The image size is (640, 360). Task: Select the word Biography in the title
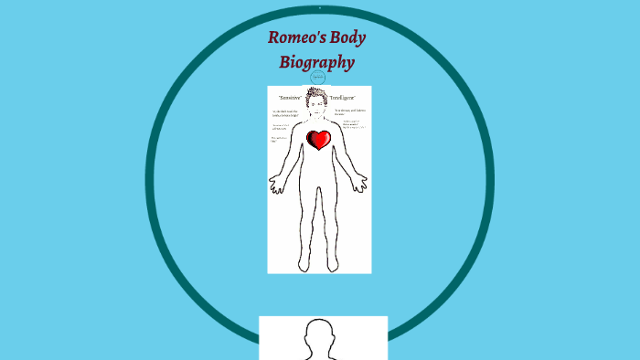pos(316,63)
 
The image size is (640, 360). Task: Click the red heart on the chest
pos(319,140)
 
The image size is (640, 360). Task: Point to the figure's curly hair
pos(317,93)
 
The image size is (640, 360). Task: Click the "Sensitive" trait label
pos(291,97)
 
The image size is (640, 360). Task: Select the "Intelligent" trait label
pos(344,97)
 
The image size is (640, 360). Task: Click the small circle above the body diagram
pos(319,77)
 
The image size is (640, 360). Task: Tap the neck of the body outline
pos(317,116)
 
